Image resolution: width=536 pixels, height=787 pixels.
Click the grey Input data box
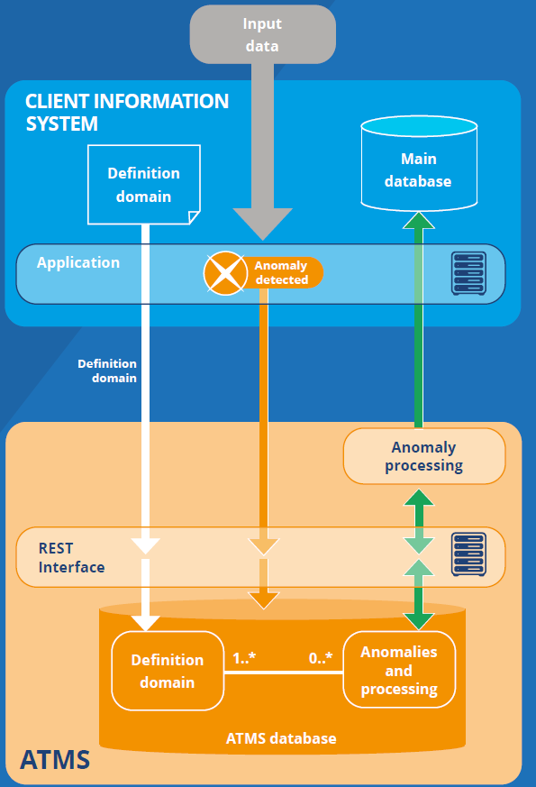click(x=262, y=34)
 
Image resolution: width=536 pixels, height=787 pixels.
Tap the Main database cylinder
click(x=419, y=163)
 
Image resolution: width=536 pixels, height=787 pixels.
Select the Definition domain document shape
click(x=144, y=184)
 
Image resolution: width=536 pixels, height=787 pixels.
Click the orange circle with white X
click(x=225, y=273)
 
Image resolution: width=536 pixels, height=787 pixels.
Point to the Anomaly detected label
click(x=281, y=272)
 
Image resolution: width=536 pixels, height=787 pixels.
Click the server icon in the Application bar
click(x=468, y=273)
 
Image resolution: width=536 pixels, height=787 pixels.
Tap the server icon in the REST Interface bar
click(x=468, y=554)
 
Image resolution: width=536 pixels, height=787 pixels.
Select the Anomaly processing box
click(x=424, y=456)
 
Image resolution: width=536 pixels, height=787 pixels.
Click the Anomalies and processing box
click(x=399, y=670)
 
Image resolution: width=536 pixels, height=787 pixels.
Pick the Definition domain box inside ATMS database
click(x=168, y=671)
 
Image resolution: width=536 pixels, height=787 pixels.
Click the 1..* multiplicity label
click(x=244, y=657)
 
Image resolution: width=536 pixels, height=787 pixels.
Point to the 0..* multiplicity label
click(x=321, y=657)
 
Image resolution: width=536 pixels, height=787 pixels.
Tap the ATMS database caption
click(x=281, y=738)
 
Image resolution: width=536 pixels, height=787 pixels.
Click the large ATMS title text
click(x=55, y=759)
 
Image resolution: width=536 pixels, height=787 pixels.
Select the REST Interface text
click(x=72, y=557)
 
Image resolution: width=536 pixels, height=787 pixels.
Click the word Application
click(x=78, y=262)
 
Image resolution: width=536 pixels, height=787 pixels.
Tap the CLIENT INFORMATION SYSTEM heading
click(x=127, y=113)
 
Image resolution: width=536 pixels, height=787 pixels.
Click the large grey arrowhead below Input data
click(x=263, y=224)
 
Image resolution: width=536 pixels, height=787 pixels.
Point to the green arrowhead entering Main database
click(x=419, y=220)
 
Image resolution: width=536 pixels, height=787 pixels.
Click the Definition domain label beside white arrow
click(x=107, y=371)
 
